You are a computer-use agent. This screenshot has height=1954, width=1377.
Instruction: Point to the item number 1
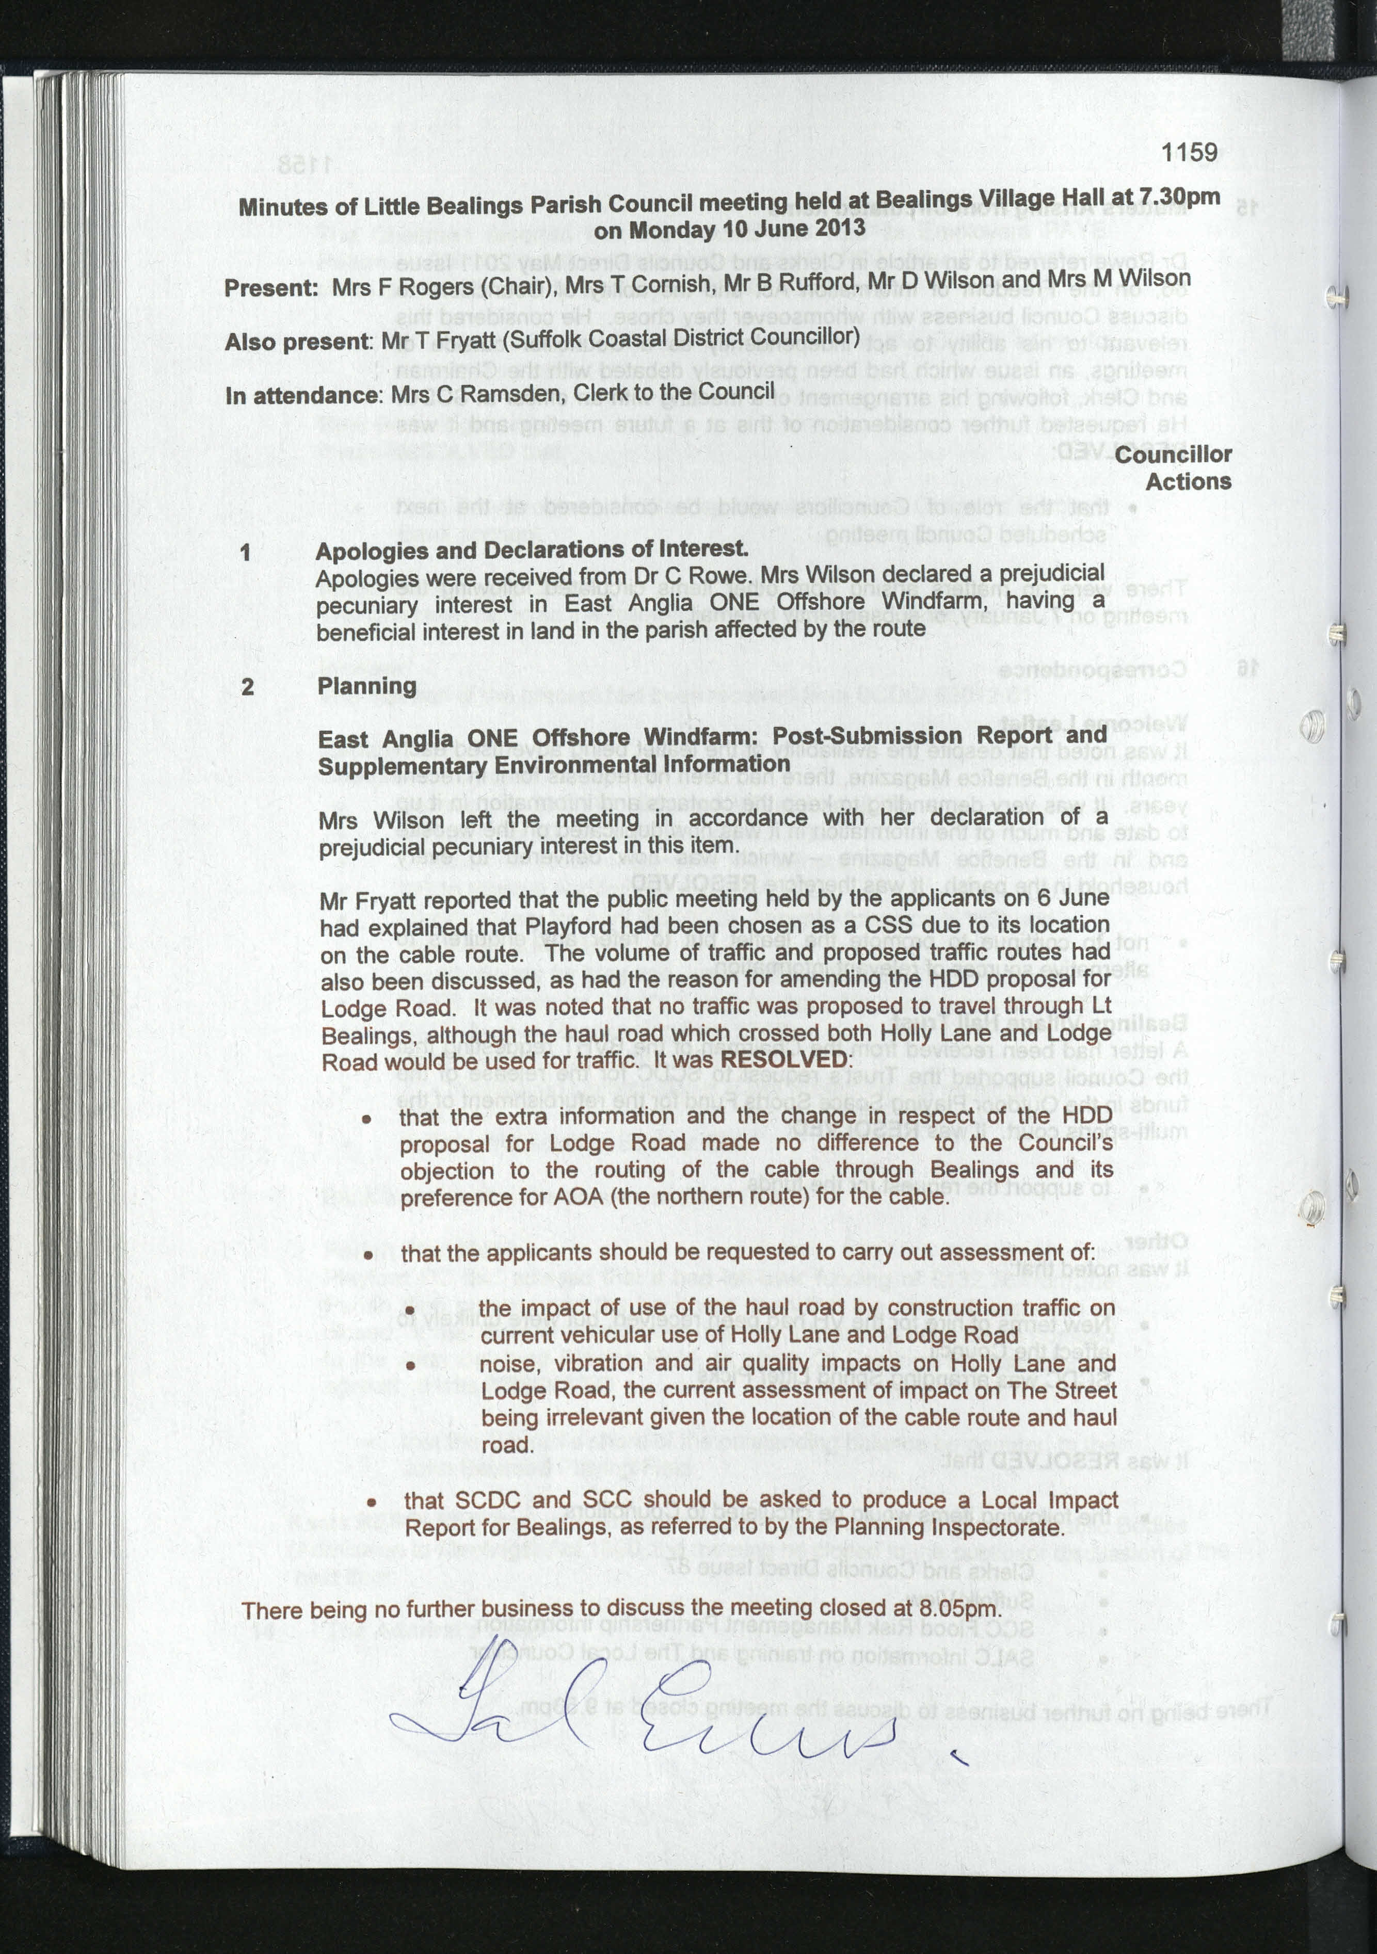[x=246, y=553]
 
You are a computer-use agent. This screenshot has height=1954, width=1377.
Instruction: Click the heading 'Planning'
[x=367, y=686]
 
